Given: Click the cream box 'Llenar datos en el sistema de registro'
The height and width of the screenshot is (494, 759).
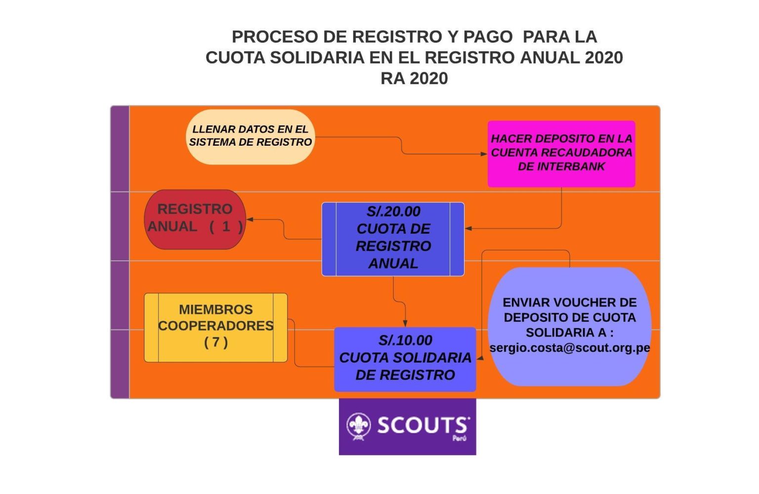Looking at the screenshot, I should pos(250,136).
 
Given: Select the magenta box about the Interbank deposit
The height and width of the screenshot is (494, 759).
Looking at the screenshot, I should pos(561,154).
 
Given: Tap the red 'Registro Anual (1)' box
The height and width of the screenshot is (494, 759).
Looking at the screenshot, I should pos(195,219).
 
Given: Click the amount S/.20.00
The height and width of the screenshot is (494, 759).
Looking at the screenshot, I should pos(393,211).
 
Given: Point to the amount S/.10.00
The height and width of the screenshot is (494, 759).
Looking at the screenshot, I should pos(405,340).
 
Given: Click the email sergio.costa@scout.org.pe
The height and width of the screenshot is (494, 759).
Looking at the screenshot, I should pos(569,348).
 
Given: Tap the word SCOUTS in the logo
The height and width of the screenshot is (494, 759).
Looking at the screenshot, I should pos(422,425).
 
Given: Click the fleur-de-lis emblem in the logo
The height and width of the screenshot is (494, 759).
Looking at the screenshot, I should pos(358,426).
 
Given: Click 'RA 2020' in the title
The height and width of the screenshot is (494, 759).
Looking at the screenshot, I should pos(414,78).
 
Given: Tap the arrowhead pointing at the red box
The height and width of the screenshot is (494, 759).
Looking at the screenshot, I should pos(250,219).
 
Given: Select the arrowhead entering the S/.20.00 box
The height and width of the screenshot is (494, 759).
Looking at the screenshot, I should pos(468,228).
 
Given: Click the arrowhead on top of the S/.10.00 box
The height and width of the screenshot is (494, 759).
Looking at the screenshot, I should pos(405,324).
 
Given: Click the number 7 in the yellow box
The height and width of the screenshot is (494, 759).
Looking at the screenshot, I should pos(216,342).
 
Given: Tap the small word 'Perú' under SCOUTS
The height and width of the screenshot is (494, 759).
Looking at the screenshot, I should pos(459,438).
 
